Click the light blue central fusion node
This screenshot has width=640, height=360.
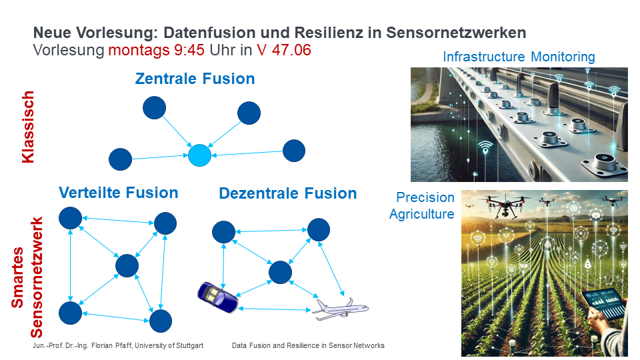point(199,155)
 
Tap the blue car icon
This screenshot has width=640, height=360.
point(217,297)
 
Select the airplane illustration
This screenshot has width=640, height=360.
point(341,309)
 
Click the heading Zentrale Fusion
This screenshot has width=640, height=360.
point(195,79)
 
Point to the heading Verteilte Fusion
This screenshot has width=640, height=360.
point(119,193)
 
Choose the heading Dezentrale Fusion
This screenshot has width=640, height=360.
point(288,193)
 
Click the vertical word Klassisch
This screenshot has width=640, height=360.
point(28,127)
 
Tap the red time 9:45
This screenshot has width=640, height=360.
point(189,50)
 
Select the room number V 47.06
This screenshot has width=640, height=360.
point(284,50)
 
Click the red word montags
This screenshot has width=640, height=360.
point(139,51)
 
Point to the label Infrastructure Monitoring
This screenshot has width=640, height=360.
point(519,57)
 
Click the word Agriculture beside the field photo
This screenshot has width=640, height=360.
point(421,214)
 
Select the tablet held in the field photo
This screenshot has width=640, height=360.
point(604,303)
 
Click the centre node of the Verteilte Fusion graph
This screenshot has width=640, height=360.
point(127,266)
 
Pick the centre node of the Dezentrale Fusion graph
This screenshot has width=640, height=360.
point(281,272)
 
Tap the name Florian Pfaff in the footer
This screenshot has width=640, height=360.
point(111,346)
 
